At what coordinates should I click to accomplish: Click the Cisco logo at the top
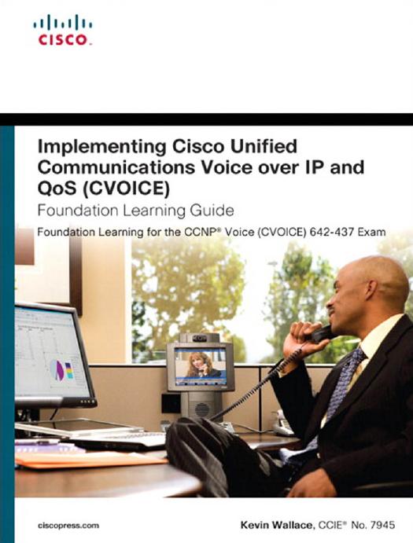pyautogui.click(x=63, y=30)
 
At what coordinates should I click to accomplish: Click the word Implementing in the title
pyautogui.click(x=102, y=147)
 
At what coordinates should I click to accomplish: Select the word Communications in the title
pyautogui.click(x=116, y=167)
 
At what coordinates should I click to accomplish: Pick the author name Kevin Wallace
pyautogui.click(x=276, y=525)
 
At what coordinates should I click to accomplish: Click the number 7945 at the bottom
pyautogui.click(x=382, y=525)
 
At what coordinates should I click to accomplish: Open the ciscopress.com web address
pyautogui.click(x=68, y=526)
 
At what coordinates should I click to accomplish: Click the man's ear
pyautogui.click(x=372, y=289)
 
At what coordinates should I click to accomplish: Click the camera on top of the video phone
pyautogui.click(x=199, y=338)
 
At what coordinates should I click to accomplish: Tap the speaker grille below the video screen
pyautogui.click(x=202, y=409)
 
